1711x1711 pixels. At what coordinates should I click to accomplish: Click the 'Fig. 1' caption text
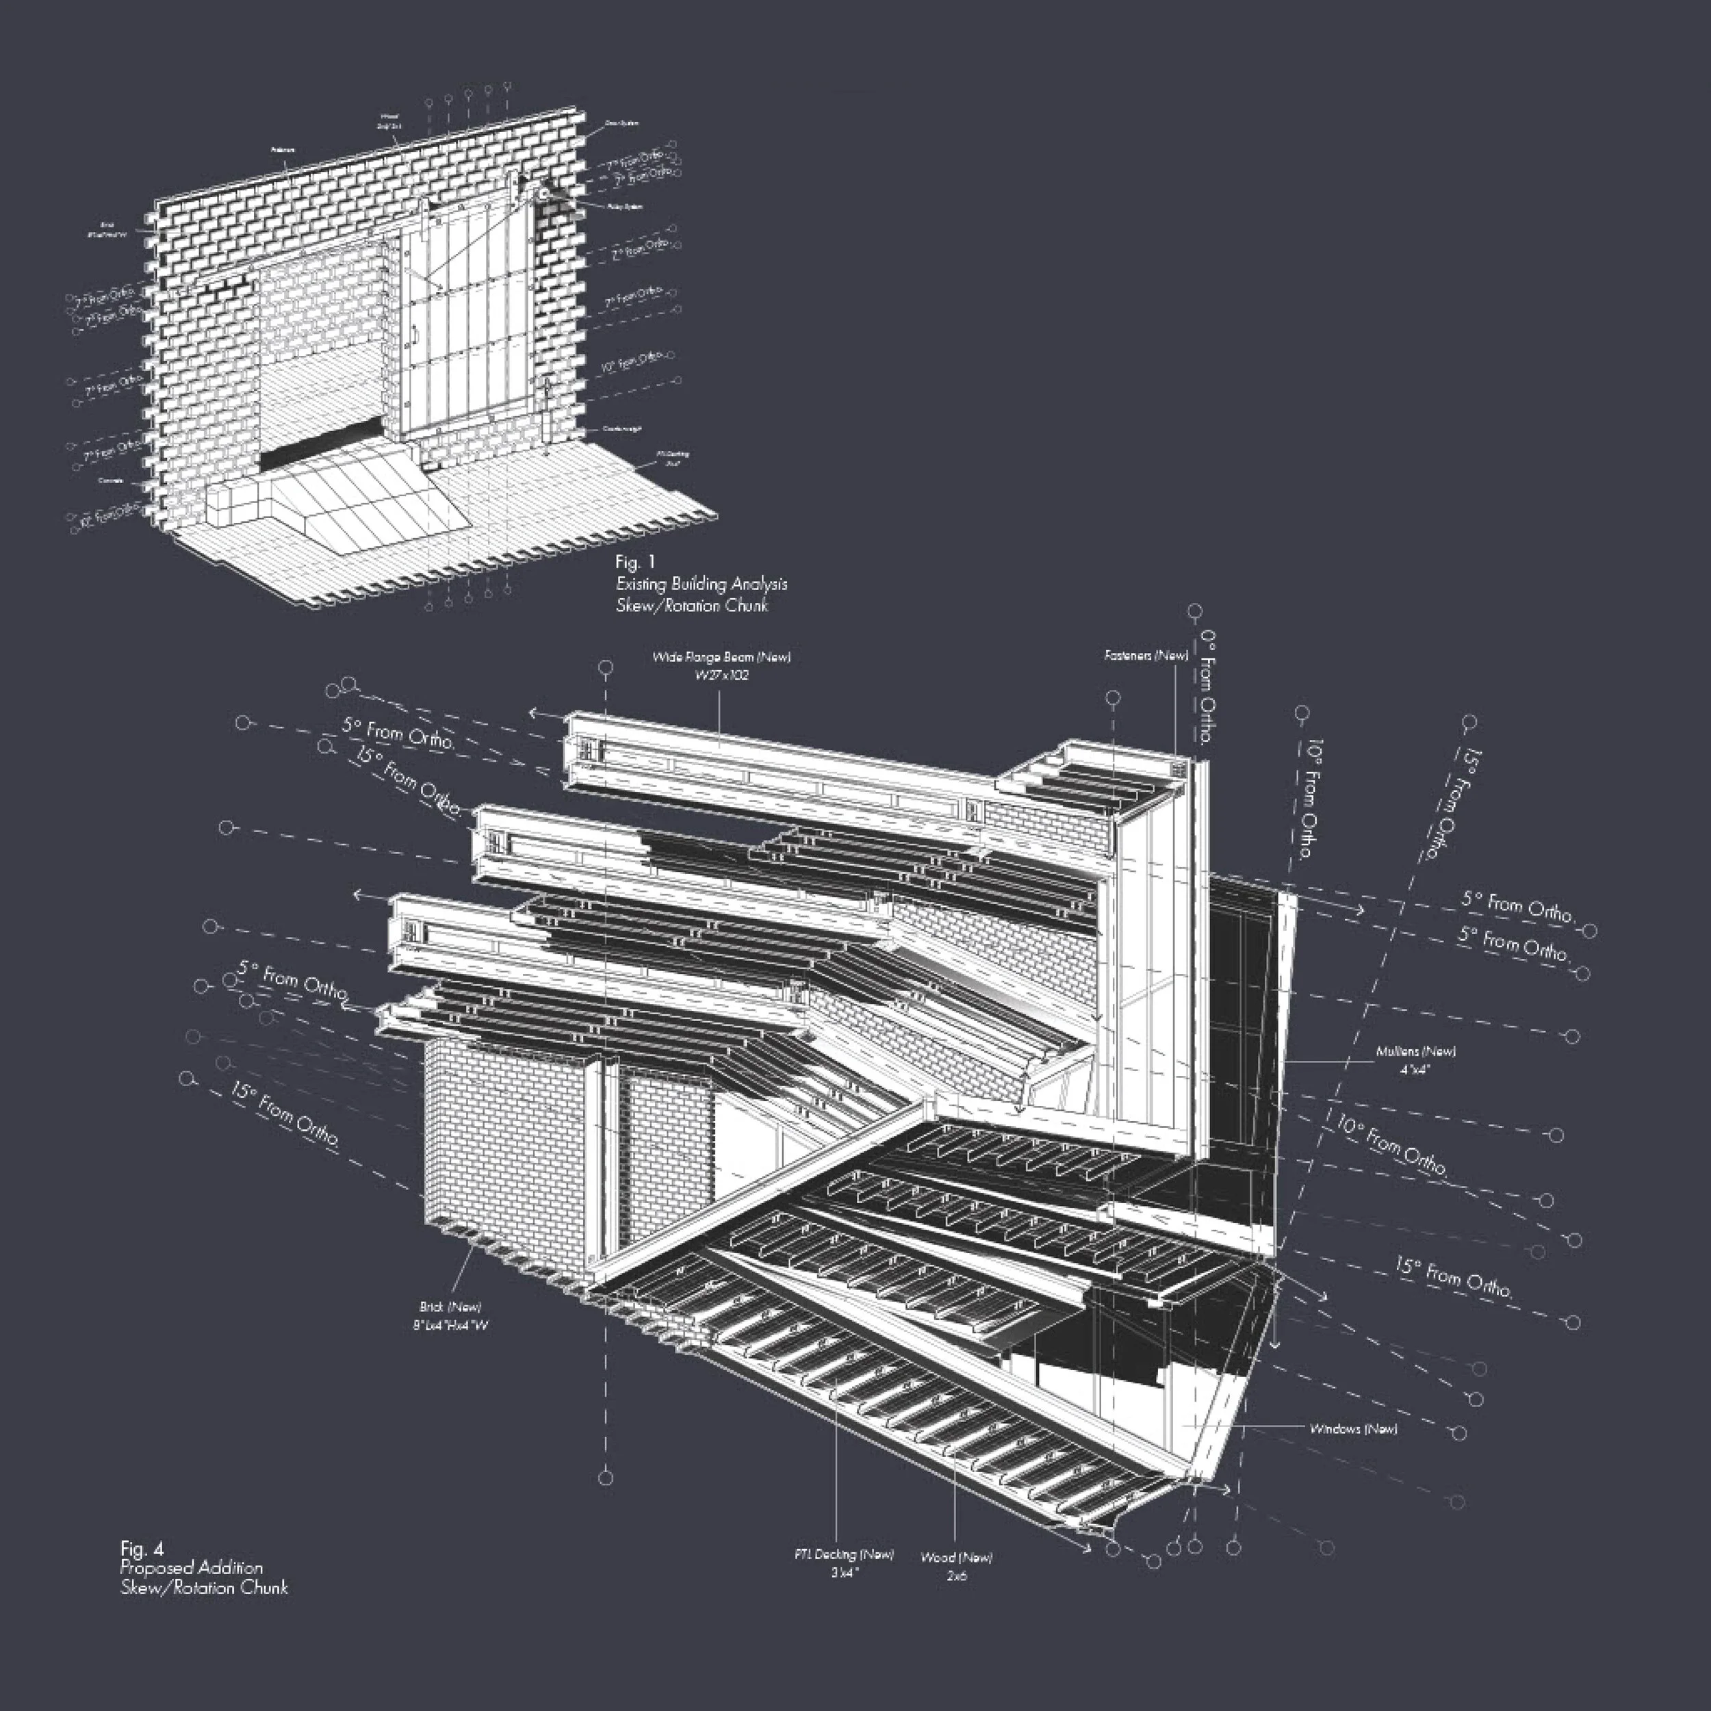point(634,563)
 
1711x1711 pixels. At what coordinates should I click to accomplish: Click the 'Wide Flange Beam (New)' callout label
point(721,657)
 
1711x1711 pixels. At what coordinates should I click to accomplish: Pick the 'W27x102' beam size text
point(721,676)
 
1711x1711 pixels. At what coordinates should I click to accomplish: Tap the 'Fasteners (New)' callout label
point(1146,656)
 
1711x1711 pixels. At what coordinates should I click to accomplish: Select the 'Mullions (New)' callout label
point(1415,1052)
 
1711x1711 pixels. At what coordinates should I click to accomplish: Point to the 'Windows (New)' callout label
point(1353,1428)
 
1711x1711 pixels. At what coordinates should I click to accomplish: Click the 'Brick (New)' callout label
point(451,1307)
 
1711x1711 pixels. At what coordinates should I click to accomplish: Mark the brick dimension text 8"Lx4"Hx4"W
point(451,1326)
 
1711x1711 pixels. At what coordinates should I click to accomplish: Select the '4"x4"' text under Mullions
point(1415,1070)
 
